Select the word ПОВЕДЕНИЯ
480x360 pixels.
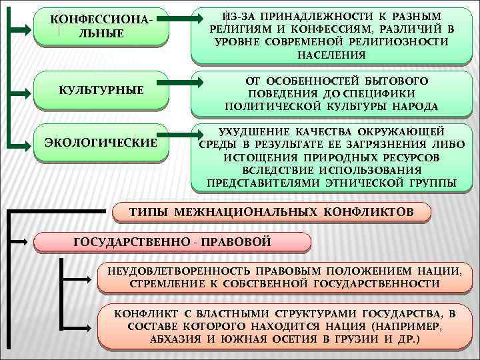tap(281, 94)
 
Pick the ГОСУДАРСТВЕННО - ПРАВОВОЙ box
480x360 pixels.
tap(171, 242)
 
